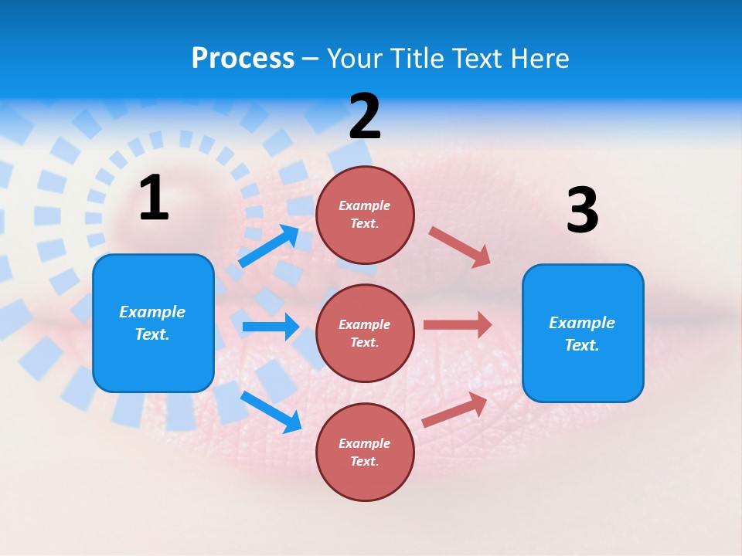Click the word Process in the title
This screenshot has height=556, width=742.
tap(243, 59)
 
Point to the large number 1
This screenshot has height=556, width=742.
tap(154, 198)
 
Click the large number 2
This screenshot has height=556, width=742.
tap(365, 116)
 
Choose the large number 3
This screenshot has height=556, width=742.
tap(582, 210)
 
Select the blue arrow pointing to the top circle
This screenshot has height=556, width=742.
tap(269, 246)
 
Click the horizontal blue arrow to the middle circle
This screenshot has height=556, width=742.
tap(271, 327)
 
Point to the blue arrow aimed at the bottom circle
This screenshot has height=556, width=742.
tap(271, 412)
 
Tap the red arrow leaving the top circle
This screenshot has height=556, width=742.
tap(460, 247)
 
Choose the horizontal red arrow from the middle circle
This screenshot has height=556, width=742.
tap(458, 324)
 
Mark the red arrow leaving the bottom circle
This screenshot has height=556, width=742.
tap(454, 410)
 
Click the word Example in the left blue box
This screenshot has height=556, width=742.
tap(152, 312)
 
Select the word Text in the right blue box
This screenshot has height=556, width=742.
tap(582, 345)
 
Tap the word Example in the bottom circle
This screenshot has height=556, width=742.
tap(364, 443)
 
